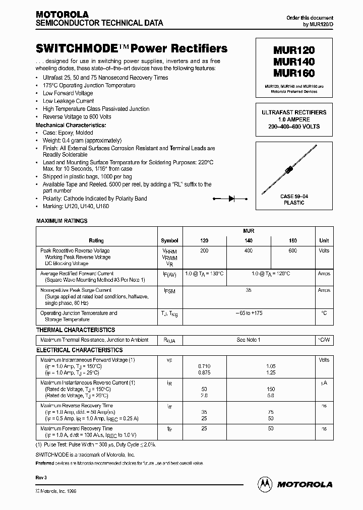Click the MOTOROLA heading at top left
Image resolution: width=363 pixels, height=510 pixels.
62,15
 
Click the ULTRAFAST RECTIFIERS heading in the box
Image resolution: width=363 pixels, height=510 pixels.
293,112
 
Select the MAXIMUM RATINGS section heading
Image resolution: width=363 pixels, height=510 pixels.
62,221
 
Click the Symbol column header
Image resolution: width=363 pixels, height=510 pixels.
169,241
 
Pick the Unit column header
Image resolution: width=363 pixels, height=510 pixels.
324,241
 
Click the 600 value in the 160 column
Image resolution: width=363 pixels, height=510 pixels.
293,250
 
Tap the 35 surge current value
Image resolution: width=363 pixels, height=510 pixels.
248,290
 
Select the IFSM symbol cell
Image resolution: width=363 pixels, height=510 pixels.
169,291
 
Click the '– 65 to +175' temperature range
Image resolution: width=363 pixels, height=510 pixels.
248,313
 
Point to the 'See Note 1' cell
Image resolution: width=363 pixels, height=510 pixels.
248,340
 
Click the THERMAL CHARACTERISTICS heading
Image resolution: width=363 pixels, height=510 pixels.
76,330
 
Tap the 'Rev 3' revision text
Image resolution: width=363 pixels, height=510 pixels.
42,477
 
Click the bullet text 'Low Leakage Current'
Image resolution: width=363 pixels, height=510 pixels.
68,101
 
